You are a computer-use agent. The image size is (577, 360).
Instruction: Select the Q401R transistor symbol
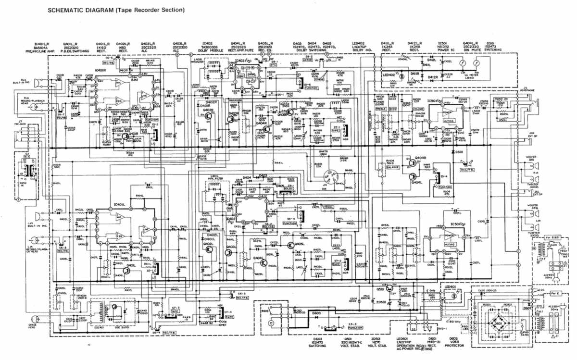pos(126,137)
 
